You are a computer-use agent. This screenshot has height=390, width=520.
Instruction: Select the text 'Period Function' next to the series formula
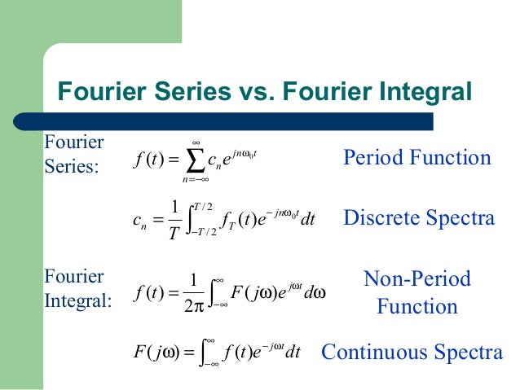click(x=417, y=157)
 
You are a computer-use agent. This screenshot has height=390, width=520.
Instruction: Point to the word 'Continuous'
click(x=377, y=353)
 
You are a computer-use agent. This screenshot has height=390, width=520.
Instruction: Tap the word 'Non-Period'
click(x=417, y=279)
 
